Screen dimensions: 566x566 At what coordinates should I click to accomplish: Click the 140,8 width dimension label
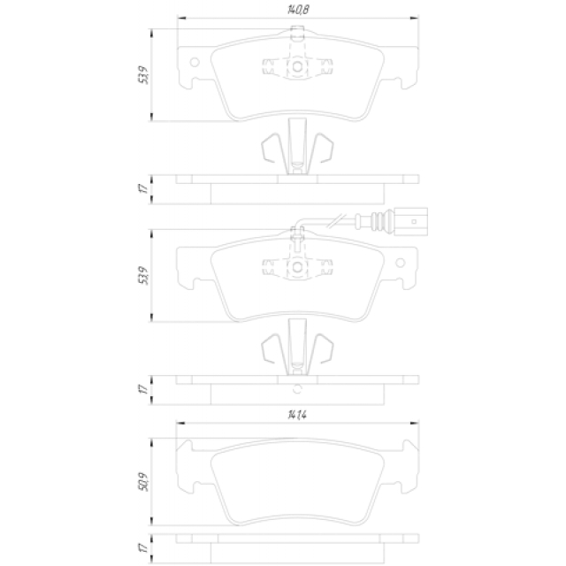click(x=298, y=10)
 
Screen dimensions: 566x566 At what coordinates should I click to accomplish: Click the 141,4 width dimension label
click(x=297, y=415)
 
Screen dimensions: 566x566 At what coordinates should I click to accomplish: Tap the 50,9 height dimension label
click(x=143, y=481)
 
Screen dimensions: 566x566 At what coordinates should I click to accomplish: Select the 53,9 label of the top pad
click(x=143, y=75)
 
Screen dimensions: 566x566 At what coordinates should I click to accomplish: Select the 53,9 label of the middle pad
click(x=143, y=276)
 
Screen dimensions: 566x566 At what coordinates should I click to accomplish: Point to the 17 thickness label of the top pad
click(x=143, y=188)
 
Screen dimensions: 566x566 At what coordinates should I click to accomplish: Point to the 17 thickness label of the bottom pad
click(x=143, y=548)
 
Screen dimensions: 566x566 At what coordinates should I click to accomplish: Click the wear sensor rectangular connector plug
click(x=410, y=222)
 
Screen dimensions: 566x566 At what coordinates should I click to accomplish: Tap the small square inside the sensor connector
click(x=414, y=222)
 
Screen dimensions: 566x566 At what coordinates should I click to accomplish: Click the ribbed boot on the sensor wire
click(x=380, y=221)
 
